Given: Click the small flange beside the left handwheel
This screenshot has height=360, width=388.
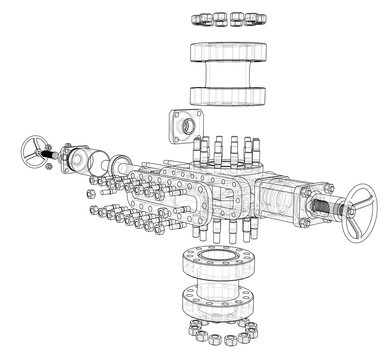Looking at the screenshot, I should tap(75, 158).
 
